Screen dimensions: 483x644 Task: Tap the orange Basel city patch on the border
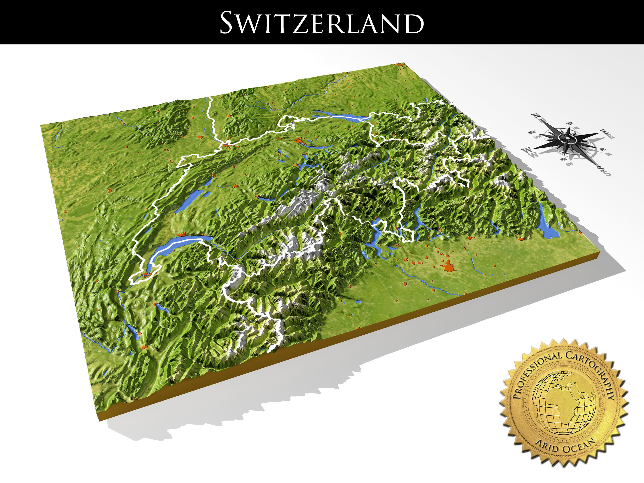tap(226, 143)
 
